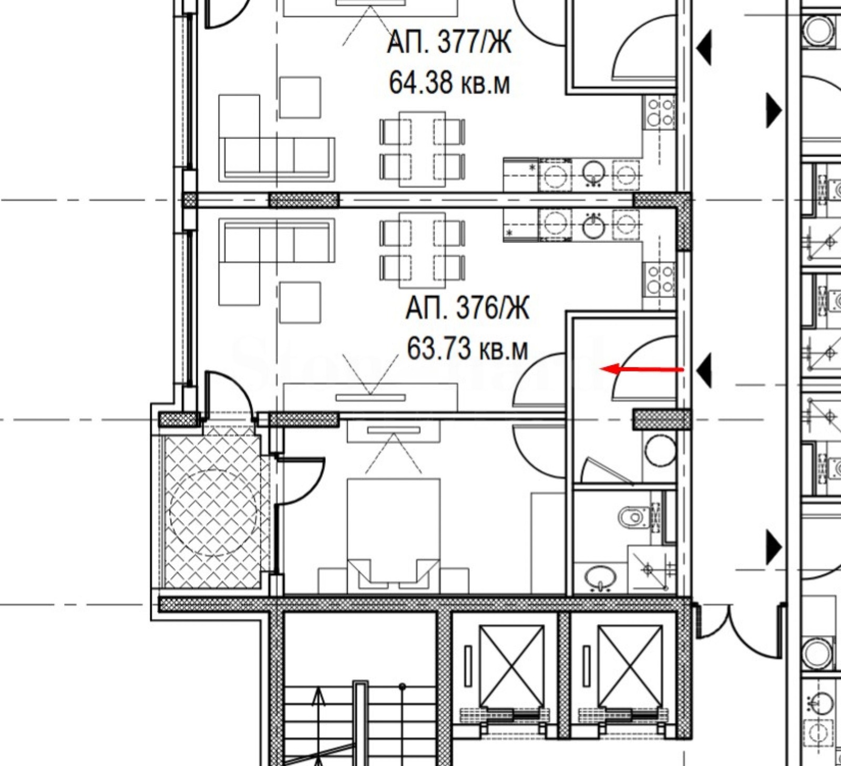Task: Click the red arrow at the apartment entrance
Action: pyautogui.click(x=642, y=369)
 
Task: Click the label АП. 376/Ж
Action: pyautogui.click(x=467, y=308)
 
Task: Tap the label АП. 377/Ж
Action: pyautogui.click(x=449, y=42)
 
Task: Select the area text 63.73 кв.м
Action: pyautogui.click(x=467, y=348)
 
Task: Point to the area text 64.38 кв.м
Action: pyautogui.click(x=449, y=82)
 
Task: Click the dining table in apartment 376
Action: pyautogui.click(x=422, y=251)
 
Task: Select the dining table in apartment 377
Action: pyautogui.click(x=422, y=149)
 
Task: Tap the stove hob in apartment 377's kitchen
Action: pyautogui.click(x=660, y=113)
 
